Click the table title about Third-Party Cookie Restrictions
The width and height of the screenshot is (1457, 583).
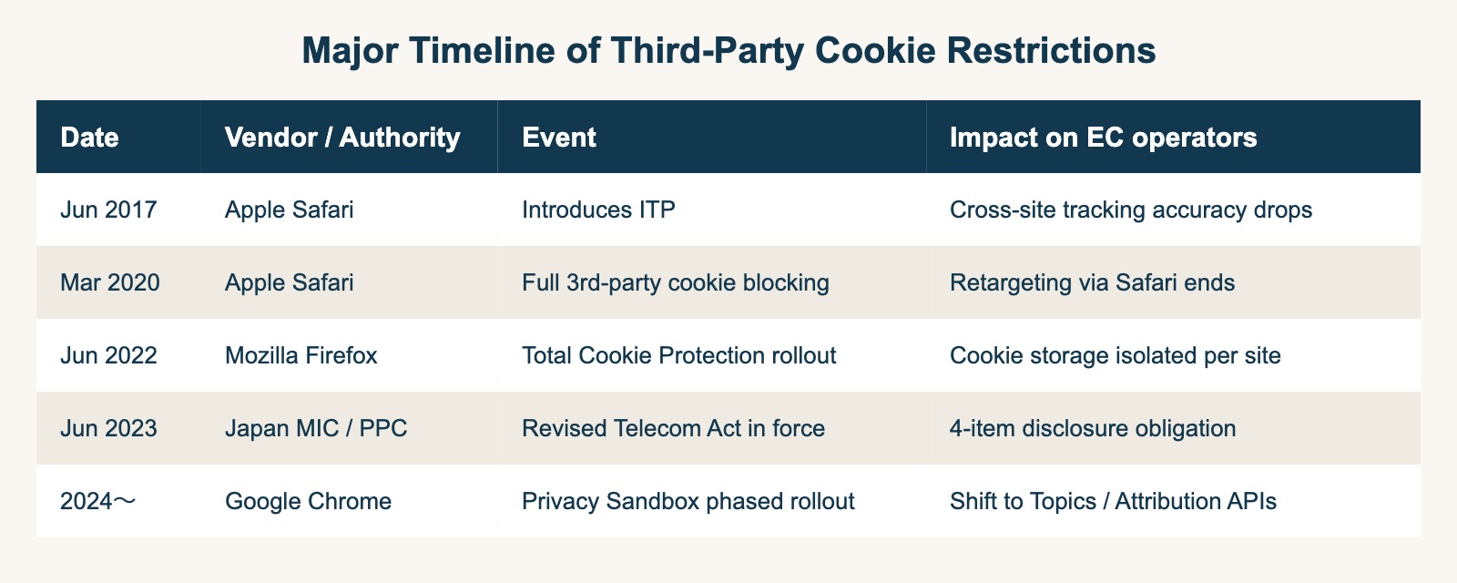pos(728,51)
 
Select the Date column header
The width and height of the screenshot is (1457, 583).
pos(89,138)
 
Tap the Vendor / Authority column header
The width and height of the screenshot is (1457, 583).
pos(342,138)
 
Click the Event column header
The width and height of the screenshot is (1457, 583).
pos(559,138)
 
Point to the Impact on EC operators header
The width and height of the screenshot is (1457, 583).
pos(1103,138)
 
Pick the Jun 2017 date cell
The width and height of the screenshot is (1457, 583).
pos(108,210)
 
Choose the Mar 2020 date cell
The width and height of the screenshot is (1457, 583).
pos(110,282)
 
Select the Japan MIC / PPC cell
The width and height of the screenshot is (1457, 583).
pos(315,428)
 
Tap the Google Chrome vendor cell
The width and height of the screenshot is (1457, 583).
pos(308,501)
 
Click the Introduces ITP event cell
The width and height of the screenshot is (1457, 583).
pos(598,210)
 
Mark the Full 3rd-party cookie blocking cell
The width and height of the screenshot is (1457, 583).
pos(676,282)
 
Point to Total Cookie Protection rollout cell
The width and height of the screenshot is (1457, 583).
pos(679,355)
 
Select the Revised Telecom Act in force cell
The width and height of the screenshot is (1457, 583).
pos(674,428)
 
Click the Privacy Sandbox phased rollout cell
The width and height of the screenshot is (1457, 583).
pos(688,501)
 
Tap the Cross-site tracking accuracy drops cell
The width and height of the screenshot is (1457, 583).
pos(1131,210)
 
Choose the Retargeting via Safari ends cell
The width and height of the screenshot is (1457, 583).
pos(1092,282)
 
